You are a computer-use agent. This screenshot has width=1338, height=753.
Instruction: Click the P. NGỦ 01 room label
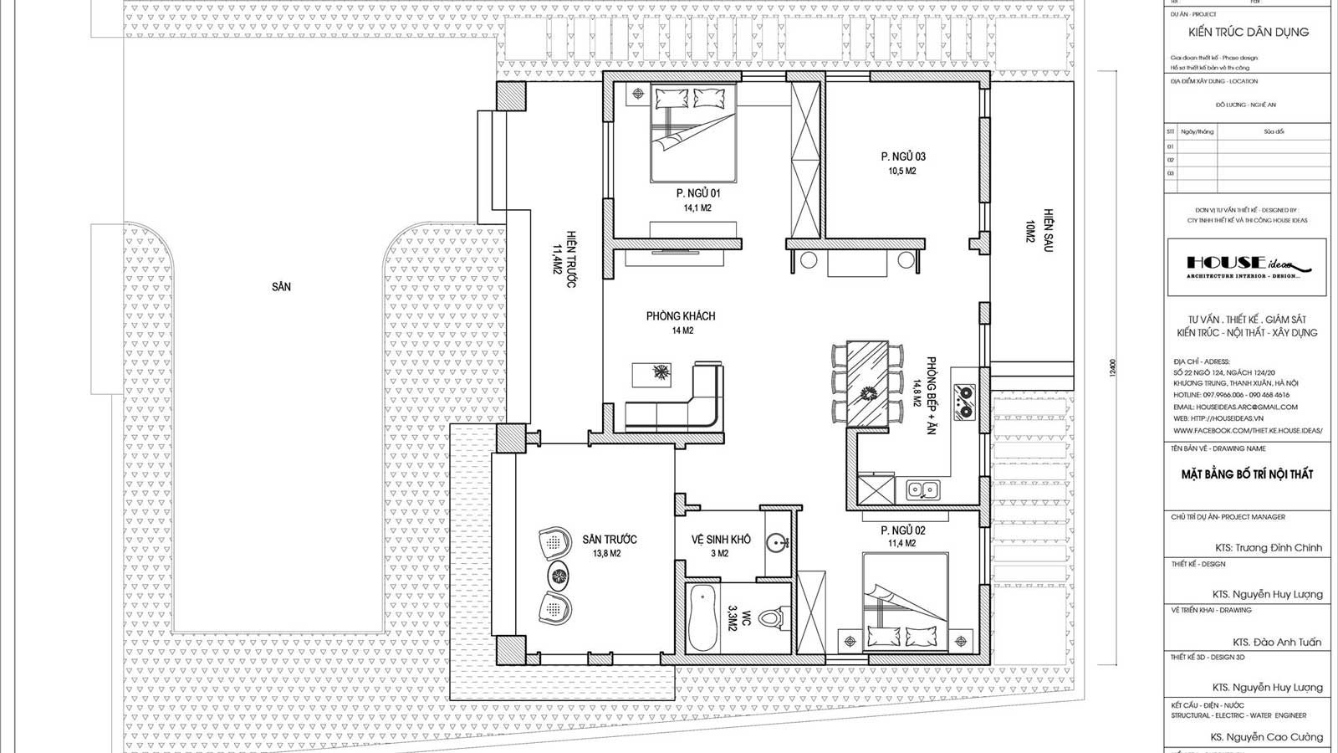click(x=698, y=193)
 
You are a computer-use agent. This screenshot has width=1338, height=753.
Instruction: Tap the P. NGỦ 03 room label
click(x=903, y=156)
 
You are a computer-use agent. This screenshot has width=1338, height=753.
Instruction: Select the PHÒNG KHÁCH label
click(x=681, y=316)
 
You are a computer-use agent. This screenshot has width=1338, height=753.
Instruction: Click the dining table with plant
click(x=867, y=382)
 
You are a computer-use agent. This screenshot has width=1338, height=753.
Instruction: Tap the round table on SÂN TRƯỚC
click(x=558, y=575)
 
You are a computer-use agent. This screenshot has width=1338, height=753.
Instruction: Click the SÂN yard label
click(x=281, y=287)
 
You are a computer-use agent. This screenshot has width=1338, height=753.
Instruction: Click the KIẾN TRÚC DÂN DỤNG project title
click(x=1249, y=32)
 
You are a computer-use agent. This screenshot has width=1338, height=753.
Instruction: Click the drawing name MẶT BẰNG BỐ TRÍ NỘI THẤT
click(x=1247, y=474)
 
